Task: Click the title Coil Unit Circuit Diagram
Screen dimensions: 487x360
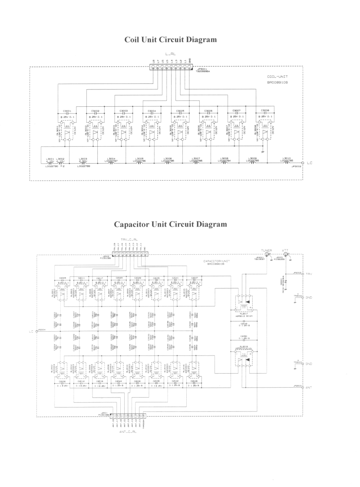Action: (x=171, y=39)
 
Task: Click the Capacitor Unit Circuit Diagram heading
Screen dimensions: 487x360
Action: (x=170, y=224)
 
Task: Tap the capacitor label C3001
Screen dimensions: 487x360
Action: (x=67, y=111)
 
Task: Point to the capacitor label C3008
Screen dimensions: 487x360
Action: (x=264, y=111)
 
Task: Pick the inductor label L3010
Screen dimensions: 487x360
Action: (x=286, y=158)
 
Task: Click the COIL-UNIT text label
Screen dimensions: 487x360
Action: (x=276, y=77)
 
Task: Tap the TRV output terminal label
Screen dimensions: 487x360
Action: (x=309, y=274)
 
